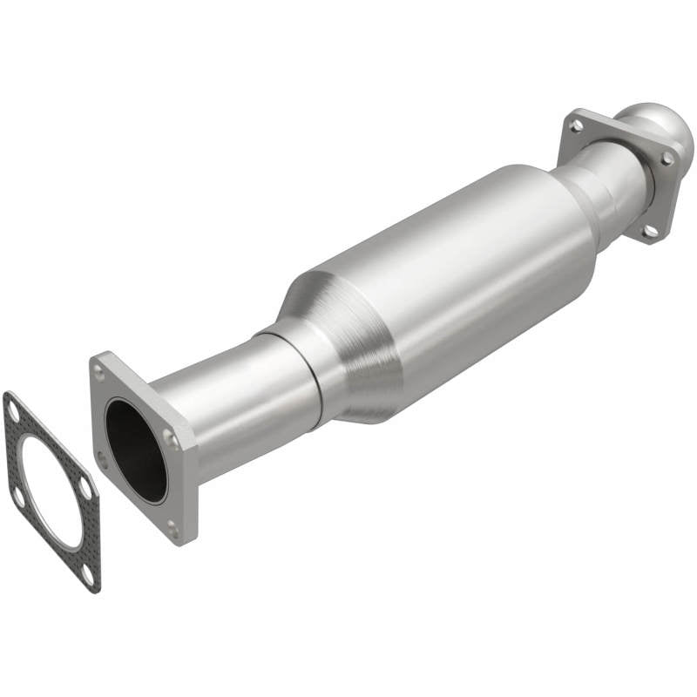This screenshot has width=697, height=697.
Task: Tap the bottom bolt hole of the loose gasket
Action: click(87, 575)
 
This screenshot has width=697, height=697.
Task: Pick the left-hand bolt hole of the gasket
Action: click(17, 497)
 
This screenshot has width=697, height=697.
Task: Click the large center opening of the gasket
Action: click(51, 492)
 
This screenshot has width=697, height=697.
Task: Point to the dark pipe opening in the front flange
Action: click(136, 449)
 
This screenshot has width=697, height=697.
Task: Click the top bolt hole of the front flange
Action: click(99, 372)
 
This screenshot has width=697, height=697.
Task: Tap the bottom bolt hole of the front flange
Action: click(173, 526)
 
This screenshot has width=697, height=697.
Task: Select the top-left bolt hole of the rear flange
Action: click(576, 126)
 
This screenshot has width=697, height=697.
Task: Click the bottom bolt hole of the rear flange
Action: click(649, 230)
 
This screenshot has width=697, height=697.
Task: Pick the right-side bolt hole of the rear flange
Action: click(667, 158)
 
